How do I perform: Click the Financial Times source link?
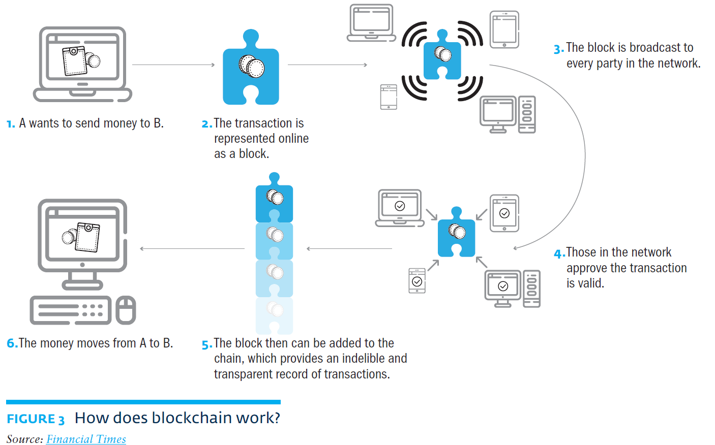click(86, 439)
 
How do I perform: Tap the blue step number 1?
click(10, 124)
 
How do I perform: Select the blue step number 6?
click(12, 343)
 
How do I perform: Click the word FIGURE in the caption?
click(31, 419)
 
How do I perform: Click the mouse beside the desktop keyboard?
click(126, 310)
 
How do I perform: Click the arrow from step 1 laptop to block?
click(173, 65)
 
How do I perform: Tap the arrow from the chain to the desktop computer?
click(192, 248)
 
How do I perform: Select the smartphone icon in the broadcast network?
click(389, 97)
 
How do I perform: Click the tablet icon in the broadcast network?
click(504, 29)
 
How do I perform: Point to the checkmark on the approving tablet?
click(504, 213)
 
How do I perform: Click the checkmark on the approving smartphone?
click(417, 281)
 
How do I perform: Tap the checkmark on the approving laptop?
click(400, 206)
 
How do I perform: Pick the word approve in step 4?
click(586, 268)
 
